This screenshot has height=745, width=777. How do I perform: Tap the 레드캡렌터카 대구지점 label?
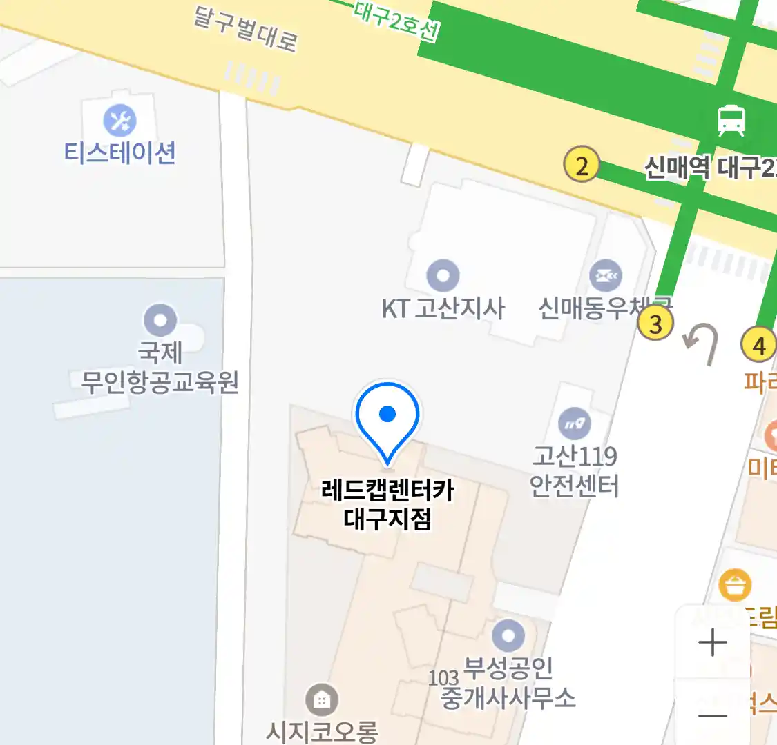(387, 504)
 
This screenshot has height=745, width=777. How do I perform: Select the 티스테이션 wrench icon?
(120, 121)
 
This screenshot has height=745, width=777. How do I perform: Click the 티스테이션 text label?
(120, 152)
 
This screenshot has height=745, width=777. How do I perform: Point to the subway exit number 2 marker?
(582, 166)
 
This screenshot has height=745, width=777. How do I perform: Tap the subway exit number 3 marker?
(655, 323)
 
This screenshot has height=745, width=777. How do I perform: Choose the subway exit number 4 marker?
(758, 344)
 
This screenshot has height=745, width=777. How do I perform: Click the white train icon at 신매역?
(731, 120)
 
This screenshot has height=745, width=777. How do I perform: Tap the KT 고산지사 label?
(443, 308)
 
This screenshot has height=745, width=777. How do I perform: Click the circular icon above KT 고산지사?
(443, 277)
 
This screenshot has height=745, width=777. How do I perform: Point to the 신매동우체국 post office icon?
(606, 276)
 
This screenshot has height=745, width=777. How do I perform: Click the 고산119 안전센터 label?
(575, 472)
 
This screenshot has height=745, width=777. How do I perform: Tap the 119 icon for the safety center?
(575, 424)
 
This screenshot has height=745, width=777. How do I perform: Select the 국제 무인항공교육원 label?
(160, 367)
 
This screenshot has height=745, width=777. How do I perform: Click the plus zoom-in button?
(713, 642)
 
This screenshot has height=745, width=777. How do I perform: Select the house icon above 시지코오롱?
(321, 701)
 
